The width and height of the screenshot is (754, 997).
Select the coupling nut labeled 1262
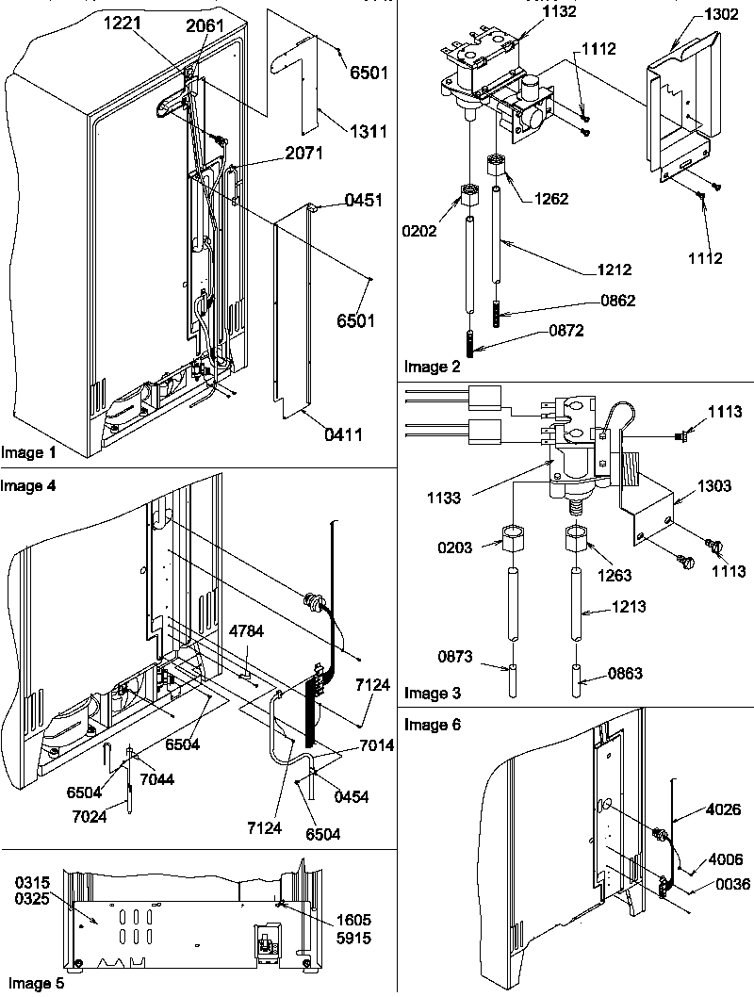point(544,199)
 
